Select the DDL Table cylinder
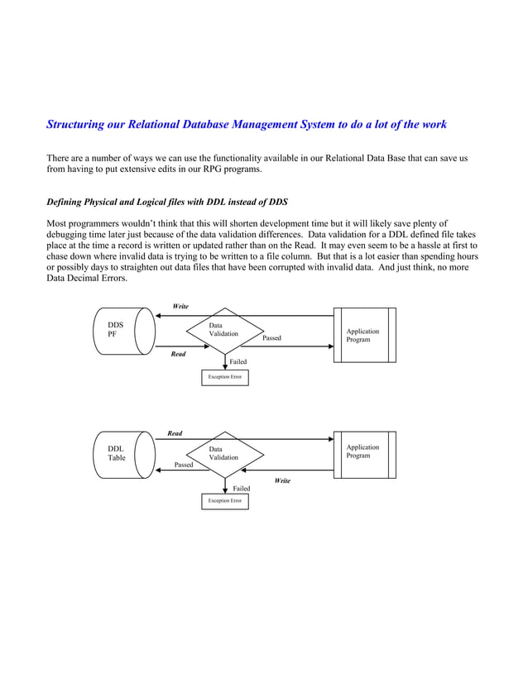122,454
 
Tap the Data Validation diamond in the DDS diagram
224,331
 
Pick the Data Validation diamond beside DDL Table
224,454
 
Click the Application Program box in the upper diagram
364,335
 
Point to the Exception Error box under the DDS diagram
224,377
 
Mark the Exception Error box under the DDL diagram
224,501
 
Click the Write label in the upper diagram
180,307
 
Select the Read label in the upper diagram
178,354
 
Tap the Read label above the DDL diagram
175,433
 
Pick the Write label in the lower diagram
282,480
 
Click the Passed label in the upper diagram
271,338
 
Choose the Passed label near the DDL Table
184,466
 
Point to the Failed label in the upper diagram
238,362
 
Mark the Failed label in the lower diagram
241,489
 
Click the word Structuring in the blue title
76,125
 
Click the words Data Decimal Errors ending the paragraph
86,279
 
